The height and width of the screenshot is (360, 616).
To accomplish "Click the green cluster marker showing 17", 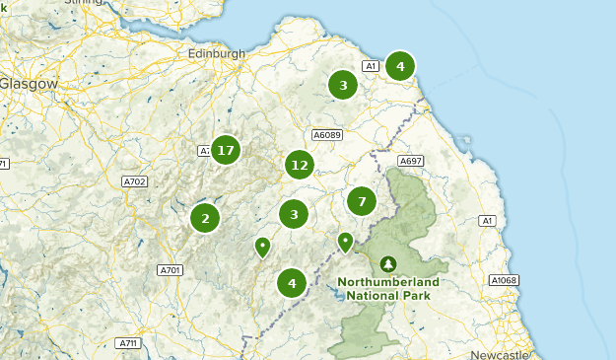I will pos(226,151).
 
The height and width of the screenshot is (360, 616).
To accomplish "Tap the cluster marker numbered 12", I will pos(300,165).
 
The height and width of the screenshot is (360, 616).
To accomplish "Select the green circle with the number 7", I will pos(362,201).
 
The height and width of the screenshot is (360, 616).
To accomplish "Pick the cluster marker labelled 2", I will pos(205,218).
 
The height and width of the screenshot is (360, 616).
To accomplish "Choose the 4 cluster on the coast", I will pos(399,67).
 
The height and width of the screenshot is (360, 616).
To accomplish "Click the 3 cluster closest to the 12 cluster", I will pos(294,214).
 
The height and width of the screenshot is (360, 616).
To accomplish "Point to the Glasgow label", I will pos(29,84).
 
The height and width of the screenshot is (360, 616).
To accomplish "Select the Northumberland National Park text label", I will pos(388,288).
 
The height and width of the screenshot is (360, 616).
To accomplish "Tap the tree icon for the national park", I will pos(388,263).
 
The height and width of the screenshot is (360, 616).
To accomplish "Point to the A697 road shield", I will pos(410,160).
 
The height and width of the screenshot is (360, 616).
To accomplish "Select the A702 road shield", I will pos(134,181).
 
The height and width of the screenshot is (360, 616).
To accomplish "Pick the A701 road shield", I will pos(170,269).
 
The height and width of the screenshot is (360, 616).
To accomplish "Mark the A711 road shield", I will pos(127,343).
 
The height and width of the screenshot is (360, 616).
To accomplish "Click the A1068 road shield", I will pos(504,280).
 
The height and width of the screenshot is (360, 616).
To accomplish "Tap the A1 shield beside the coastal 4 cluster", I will pos(371,66).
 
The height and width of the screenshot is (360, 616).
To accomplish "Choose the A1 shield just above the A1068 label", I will pos(486,221).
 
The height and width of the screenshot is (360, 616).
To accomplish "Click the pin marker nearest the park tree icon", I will pos(345,242).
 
